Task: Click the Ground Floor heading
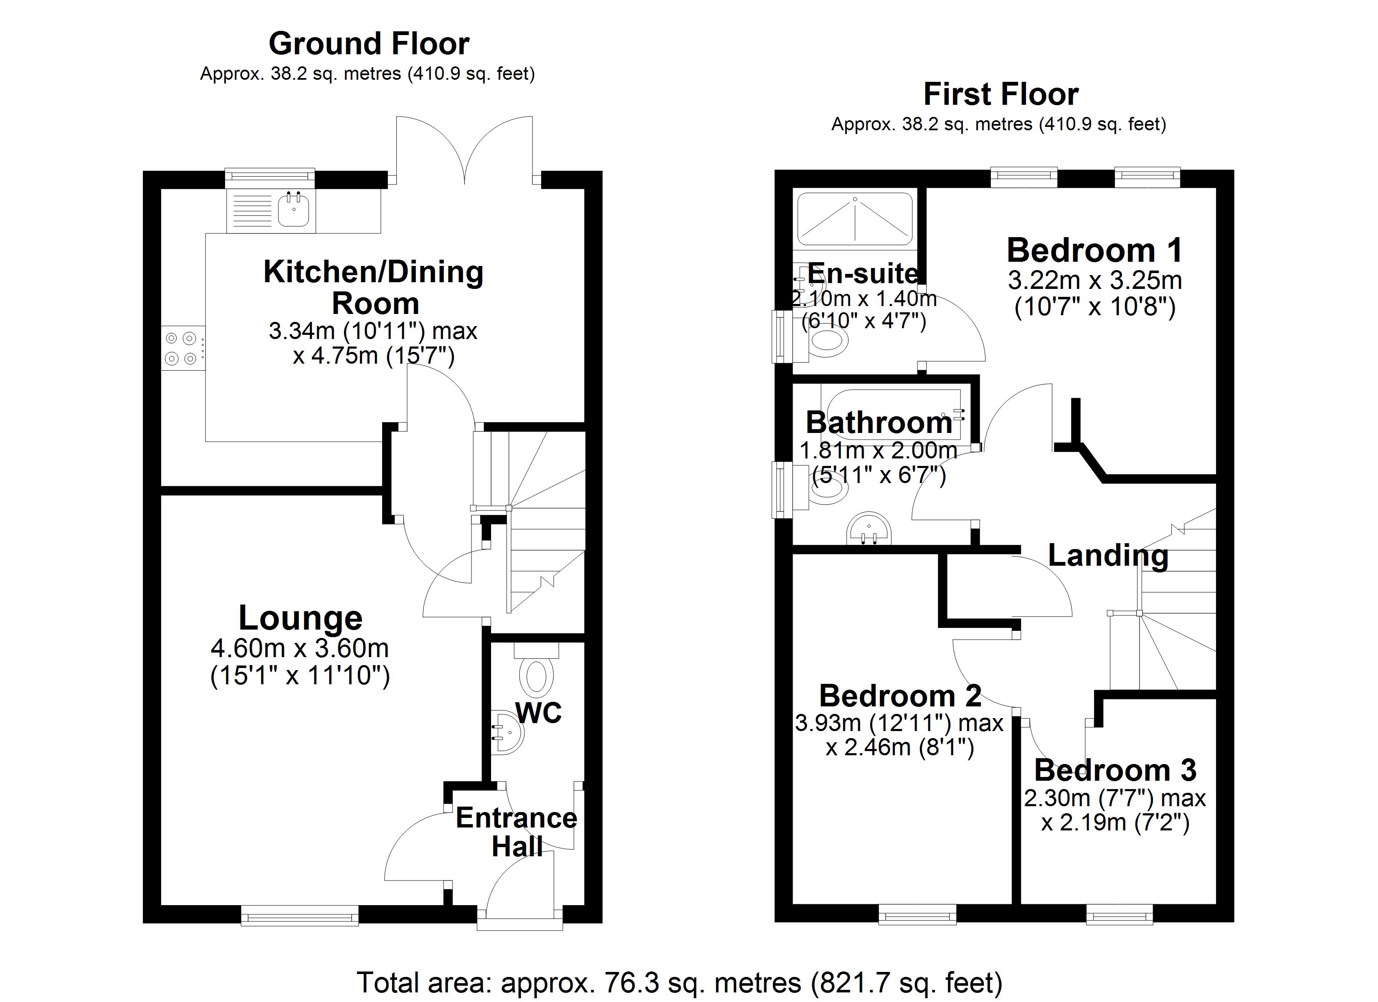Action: [369, 44]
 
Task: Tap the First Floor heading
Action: [1001, 95]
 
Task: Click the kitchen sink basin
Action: [294, 210]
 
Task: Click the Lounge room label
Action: [300, 618]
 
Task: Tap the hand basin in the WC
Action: [507, 732]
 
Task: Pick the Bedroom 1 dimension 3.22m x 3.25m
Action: [1095, 281]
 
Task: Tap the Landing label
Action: [1108, 555]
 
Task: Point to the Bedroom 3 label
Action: [1115, 770]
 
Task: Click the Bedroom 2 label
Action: [900, 696]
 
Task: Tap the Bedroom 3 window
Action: [1119, 914]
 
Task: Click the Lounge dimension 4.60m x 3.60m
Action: [300, 648]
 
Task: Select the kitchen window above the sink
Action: [270, 177]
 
